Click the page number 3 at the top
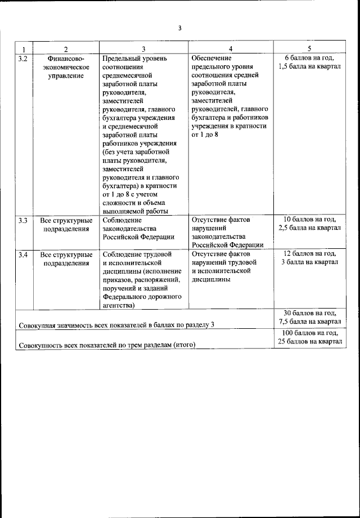179,28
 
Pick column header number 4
230,49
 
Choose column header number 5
309,49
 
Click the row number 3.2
23,58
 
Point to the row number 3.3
23,220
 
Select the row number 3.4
23,254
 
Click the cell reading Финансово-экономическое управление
66,66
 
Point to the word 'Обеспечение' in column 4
211,58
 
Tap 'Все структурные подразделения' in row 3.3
66,225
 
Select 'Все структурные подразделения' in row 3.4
66,258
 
